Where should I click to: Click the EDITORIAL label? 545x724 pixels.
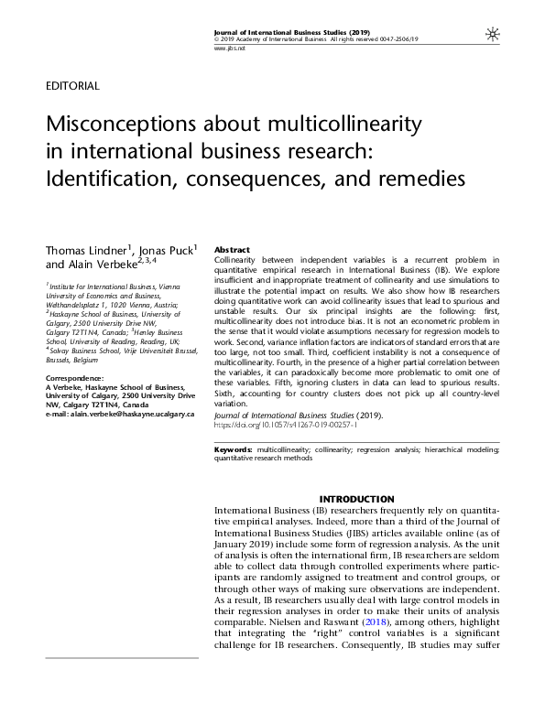pyautogui.click(x=71, y=87)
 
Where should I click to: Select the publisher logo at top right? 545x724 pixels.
pyautogui.click(x=493, y=33)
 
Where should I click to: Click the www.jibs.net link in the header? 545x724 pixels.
pyautogui.click(x=226, y=47)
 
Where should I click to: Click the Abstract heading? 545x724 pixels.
pyautogui.click(x=231, y=250)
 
